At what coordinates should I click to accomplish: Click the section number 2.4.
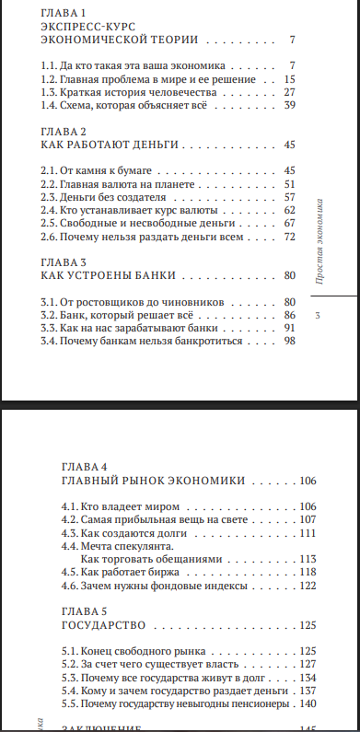click(x=51, y=210)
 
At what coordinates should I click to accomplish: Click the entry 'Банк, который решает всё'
click(x=120, y=314)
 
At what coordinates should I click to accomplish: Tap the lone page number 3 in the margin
click(x=318, y=317)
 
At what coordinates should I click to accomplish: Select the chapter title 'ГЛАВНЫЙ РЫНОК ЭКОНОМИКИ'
click(x=153, y=481)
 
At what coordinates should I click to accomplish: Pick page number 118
click(x=307, y=572)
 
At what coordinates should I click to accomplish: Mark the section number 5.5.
click(x=69, y=703)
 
